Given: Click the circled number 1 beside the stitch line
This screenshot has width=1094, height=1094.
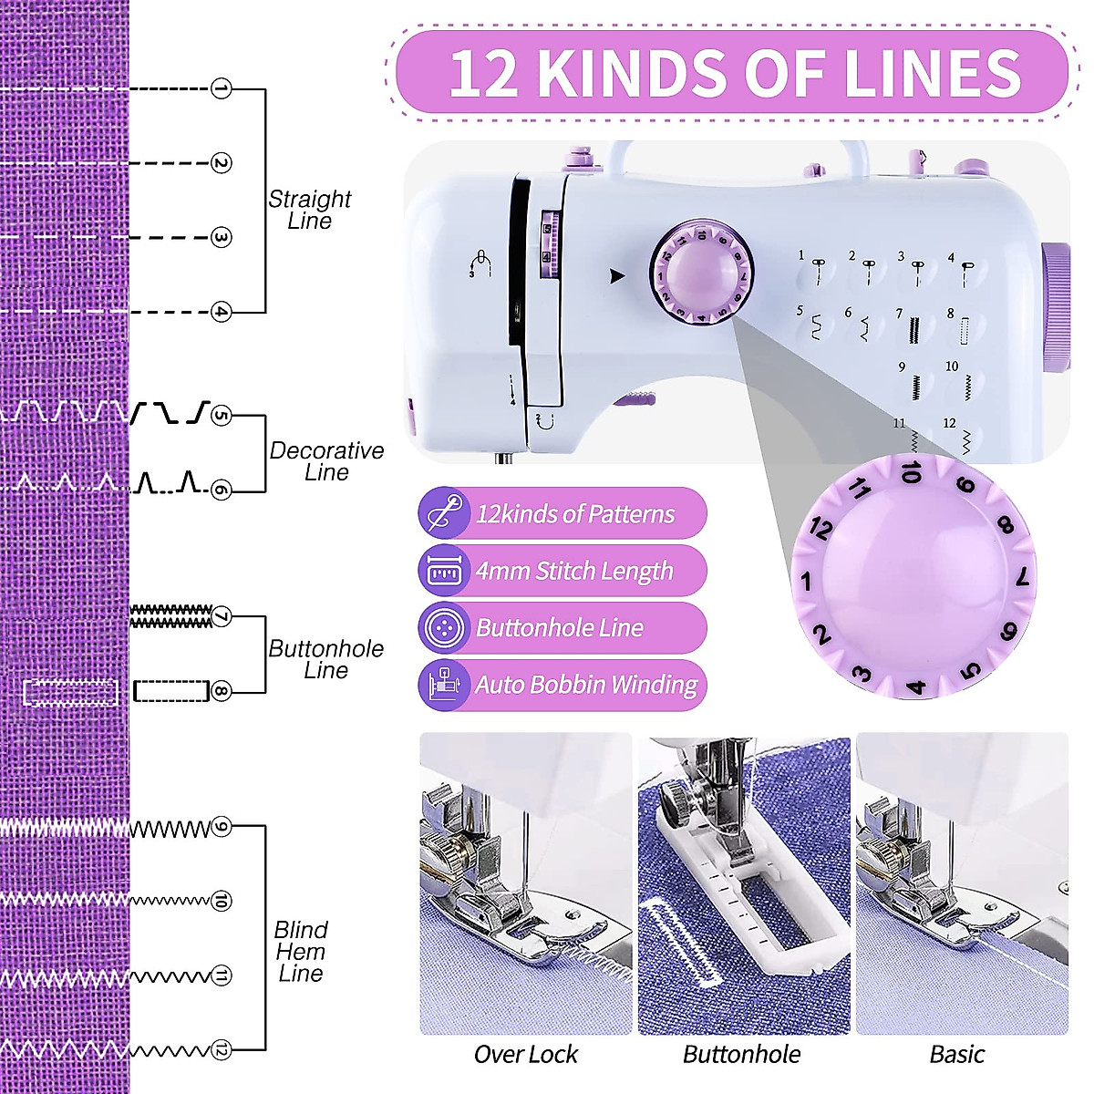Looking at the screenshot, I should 221,88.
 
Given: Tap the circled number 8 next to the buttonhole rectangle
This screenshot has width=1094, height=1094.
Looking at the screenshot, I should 221,691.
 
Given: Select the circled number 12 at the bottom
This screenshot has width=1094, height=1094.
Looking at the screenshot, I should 221,1050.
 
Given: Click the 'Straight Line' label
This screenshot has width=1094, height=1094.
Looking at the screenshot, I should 310,210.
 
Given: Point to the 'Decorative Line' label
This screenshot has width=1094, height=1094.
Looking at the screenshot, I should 326,461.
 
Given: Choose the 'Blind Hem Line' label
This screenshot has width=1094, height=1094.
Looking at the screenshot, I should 301,951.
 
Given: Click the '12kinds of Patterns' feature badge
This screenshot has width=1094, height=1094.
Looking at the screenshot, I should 562,513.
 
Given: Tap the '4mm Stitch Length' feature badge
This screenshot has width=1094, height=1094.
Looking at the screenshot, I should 562,571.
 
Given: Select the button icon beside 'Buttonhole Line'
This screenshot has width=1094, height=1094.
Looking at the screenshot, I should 444,627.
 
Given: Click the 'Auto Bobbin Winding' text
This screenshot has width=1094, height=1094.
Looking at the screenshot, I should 586,685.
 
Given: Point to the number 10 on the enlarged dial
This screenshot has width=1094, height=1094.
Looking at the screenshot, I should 911,472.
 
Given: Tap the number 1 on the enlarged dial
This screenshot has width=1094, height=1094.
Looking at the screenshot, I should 805,581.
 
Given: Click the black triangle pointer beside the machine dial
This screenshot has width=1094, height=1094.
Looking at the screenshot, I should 617,276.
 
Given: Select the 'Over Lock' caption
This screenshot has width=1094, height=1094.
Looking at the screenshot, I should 526,1055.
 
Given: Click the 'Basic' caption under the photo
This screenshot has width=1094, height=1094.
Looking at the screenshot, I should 957,1055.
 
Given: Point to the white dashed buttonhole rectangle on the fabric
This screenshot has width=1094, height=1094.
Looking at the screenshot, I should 70,693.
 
